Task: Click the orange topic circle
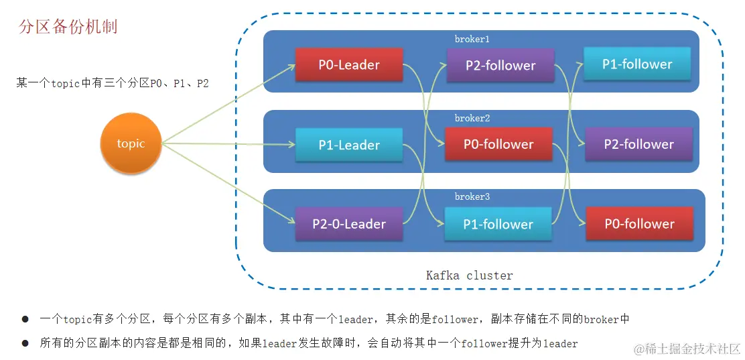point(131,143)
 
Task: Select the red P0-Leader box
point(349,65)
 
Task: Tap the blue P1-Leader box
point(349,145)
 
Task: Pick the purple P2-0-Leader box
point(349,224)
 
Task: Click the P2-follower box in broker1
point(500,66)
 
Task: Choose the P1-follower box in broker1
point(637,64)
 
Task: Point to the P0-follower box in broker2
point(498,144)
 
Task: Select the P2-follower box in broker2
point(638,144)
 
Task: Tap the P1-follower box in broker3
point(498,224)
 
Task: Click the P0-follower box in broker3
point(639,224)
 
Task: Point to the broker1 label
point(472,39)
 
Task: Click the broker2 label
point(472,118)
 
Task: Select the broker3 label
point(472,196)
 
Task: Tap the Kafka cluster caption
point(469,276)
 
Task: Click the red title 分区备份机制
point(68,27)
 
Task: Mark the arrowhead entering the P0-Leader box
point(292,66)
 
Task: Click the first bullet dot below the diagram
point(25,320)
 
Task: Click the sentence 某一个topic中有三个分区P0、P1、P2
point(113,84)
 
